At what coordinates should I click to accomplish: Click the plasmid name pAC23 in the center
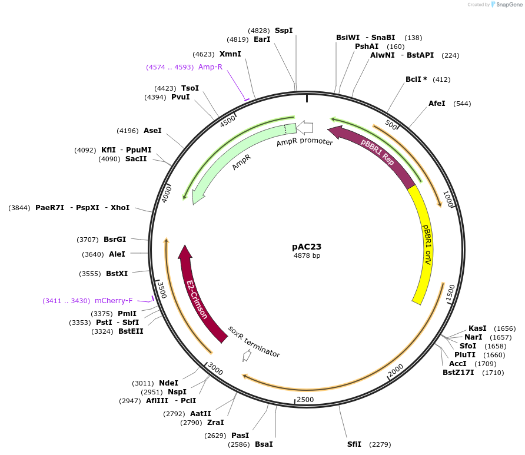pos(307,247)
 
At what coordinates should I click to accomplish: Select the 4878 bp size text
pos(307,256)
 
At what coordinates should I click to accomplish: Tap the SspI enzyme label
pos(284,31)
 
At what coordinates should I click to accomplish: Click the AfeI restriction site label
pos(437,104)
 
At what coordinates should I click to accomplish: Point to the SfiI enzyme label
pos(354,444)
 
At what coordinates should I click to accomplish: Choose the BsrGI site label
pos(115,239)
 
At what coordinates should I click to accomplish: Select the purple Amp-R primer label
pos(210,67)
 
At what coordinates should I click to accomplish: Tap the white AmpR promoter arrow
pos(304,127)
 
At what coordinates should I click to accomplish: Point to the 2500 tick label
pos(305,400)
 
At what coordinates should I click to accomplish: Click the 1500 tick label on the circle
pos(450,293)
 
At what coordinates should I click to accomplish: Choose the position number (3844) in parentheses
pos(19,208)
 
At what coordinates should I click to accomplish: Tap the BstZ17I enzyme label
pos(458,372)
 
